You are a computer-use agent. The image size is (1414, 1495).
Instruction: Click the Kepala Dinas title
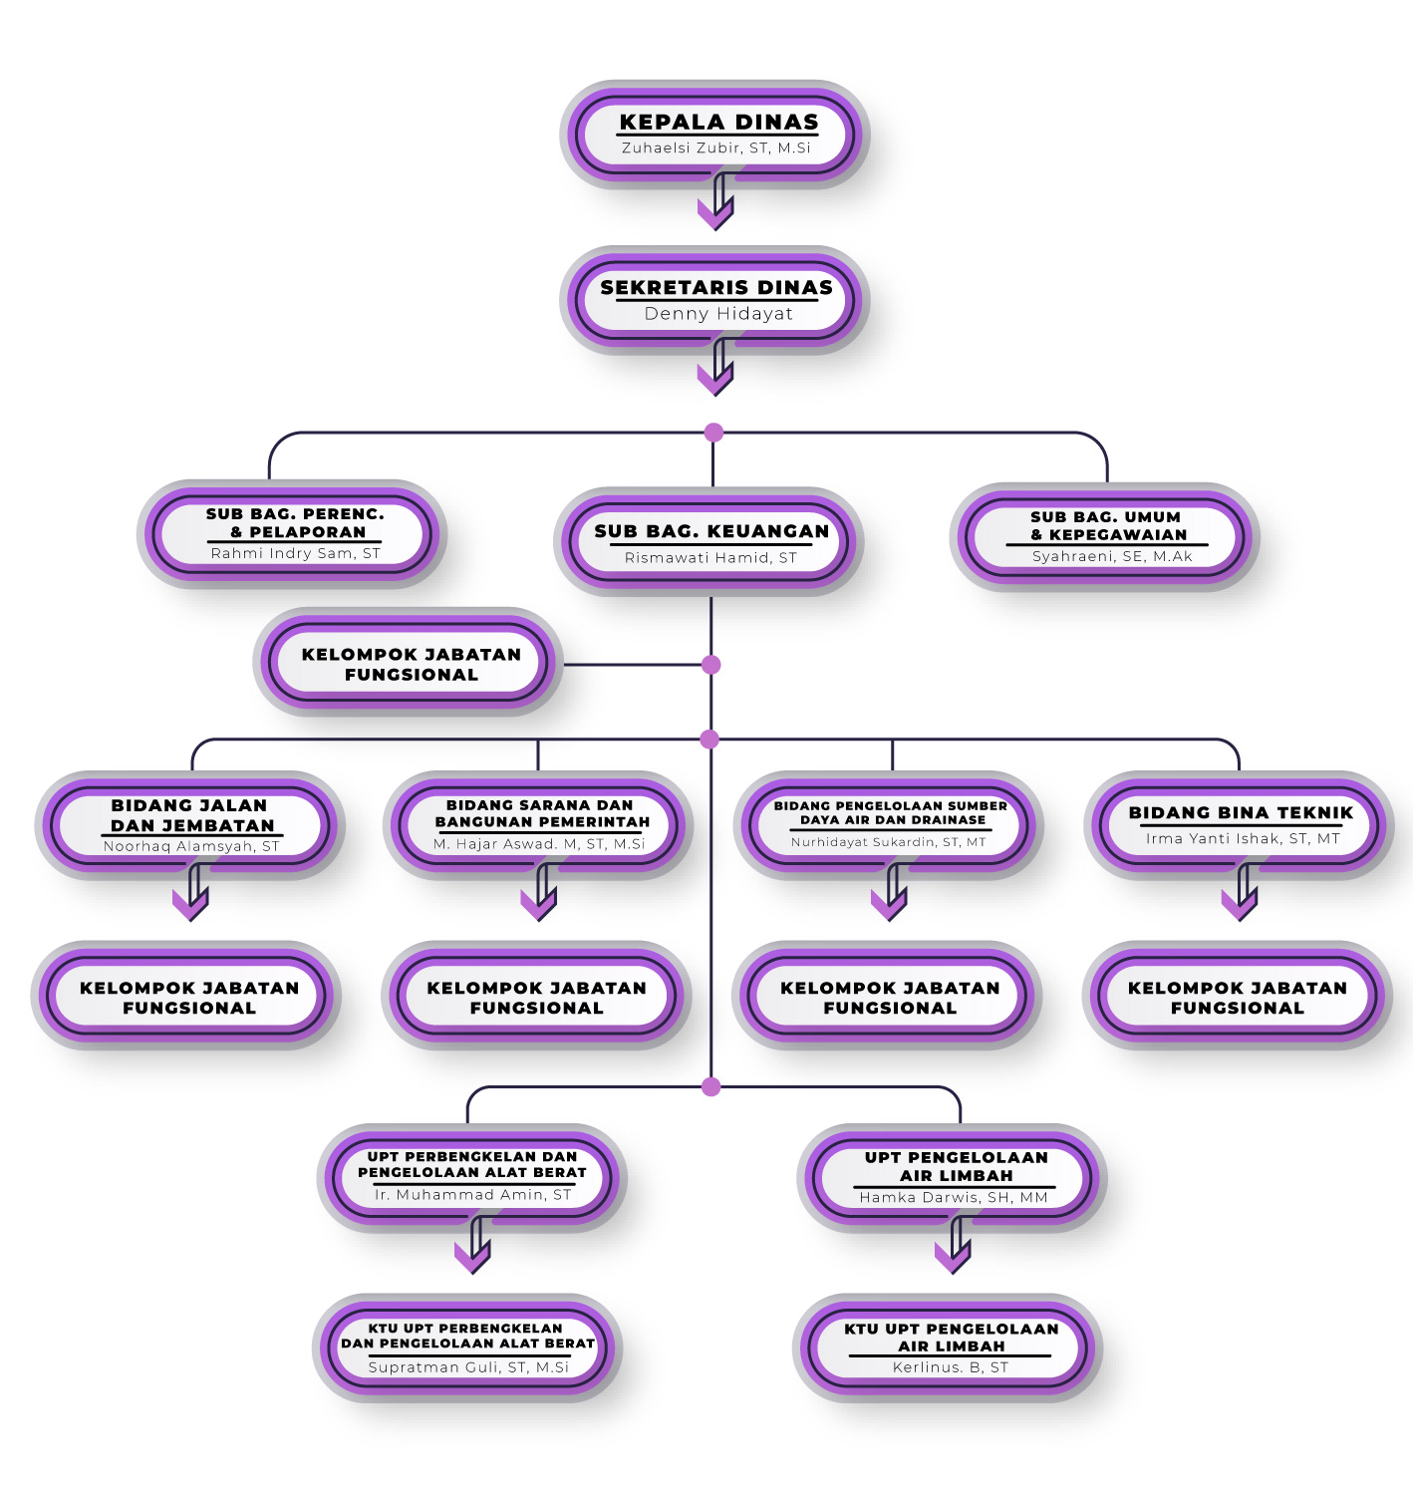point(718,123)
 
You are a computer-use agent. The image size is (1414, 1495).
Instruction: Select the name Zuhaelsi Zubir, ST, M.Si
point(716,149)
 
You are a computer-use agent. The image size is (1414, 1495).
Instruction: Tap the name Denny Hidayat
point(718,314)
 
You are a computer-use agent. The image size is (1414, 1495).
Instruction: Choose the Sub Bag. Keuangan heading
point(711,532)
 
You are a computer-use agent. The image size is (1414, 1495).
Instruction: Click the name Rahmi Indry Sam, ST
point(295,554)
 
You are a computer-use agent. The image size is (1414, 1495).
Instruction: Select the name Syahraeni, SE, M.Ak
point(1112,557)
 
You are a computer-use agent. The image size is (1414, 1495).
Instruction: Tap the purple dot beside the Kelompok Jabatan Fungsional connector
point(710,665)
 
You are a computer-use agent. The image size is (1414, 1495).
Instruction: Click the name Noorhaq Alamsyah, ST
point(191,847)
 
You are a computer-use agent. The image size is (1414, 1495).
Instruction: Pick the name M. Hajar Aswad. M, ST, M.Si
point(539,844)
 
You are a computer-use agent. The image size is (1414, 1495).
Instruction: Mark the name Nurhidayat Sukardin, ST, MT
point(889,842)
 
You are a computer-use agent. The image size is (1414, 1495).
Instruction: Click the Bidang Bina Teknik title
point(1241,813)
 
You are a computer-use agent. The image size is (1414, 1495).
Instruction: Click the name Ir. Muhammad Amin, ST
point(473,1195)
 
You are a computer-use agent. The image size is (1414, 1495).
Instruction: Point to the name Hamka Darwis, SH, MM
point(954,1198)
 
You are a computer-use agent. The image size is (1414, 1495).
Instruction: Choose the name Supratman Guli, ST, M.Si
point(468,1367)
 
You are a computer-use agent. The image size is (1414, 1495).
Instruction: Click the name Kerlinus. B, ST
point(951,1367)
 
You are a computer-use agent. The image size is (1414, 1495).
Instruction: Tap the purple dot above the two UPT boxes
point(710,1086)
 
